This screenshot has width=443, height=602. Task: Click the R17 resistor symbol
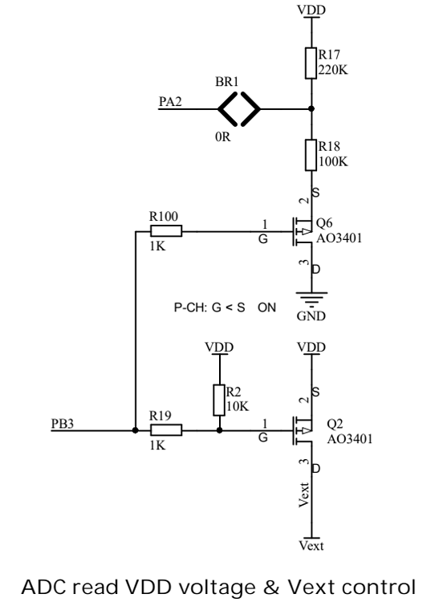pyautogui.click(x=311, y=63)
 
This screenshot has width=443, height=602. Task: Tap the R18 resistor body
pyautogui.click(x=311, y=155)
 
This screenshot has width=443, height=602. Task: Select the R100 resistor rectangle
pyautogui.click(x=166, y=231)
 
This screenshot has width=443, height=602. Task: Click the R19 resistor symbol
pyautogui.click(x=166, y=430)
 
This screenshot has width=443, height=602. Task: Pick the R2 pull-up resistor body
pyautogui.click(x=219, y=400)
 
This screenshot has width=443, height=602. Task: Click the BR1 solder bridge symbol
pyautogui.click(x=239, y=109)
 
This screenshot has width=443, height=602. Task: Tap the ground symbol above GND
pyautogui.click(x=311, y=297)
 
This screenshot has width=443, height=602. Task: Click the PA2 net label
pyautogui.click(x=170, y=102)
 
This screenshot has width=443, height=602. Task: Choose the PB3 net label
pyautogui.click(x=62, y=424)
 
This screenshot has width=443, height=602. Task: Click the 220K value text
pyautogui.click(x=333, y=70)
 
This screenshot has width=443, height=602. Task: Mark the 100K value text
pyautogui.click(x=333, y=161)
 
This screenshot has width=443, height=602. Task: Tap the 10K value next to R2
pyautogui.click(x=238, y=406)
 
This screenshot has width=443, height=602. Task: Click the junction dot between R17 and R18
pyautogui.click(x=311, y=109)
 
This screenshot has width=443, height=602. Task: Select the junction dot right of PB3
pyautogui.click(x=135, y=430)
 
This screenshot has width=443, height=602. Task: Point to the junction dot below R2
pyautogui.click(x=220, y=430)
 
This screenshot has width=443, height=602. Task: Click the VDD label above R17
pyautogui.click(x=311, y=9)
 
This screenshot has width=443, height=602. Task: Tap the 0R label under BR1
pyautogui.click(x=223, y=136)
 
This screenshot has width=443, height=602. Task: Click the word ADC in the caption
pyautogui.click(x=45, y=587)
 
